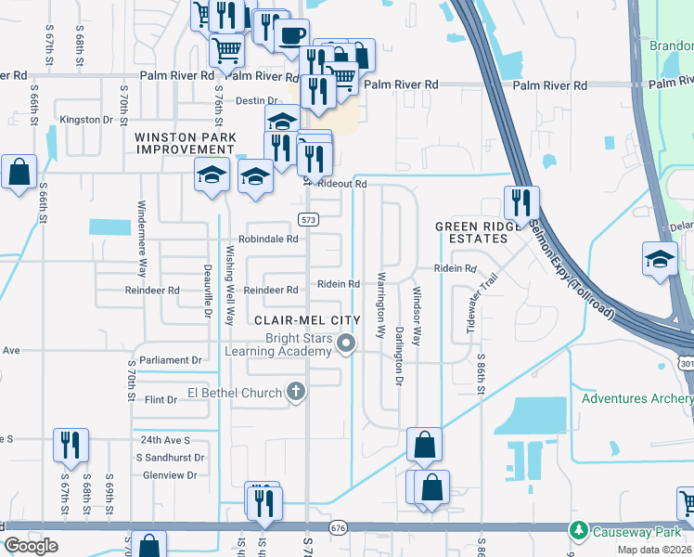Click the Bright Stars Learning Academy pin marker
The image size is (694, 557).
pyautogui.click(x=347, y=344)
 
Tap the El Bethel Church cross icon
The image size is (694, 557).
pyautogui.click(x=296, y=392)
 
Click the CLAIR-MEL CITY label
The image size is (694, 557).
pyautogui.click(x=305, y=319)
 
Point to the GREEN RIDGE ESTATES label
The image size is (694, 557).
pyautogui.click(x=471, y=232)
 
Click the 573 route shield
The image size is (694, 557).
pyautogui.click(x=308, y=219)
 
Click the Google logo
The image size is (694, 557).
pyautogui.click(x=31, y=546)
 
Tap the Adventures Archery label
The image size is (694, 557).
pyautogui.click(x=636, y=399)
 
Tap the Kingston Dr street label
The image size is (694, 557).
pyautogui.click(x=92, y=120)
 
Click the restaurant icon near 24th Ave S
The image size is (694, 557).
pyautogui.click(x=71, y=445)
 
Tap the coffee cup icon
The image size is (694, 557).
pyautogui.click(x=292, y=35)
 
